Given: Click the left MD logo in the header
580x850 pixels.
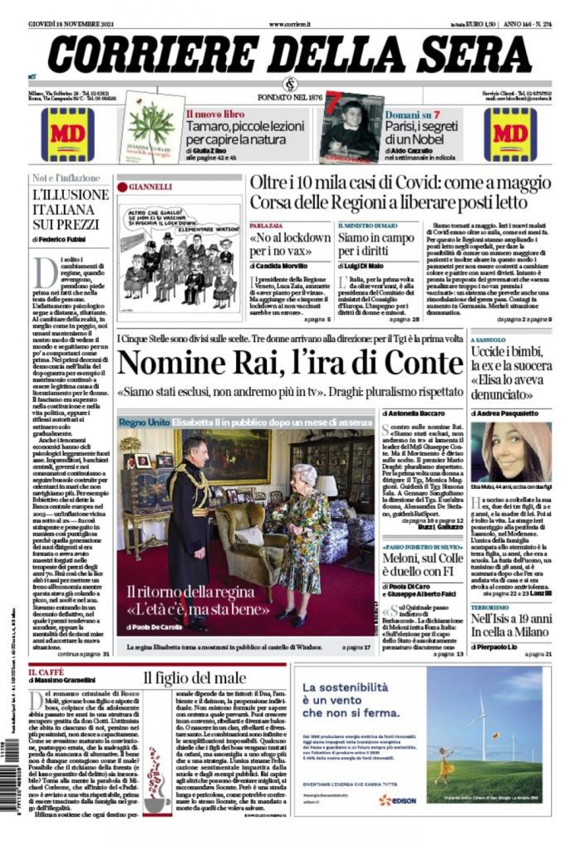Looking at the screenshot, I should [x=68, y=134].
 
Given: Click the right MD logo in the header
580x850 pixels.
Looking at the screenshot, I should [x=511, y=134].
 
